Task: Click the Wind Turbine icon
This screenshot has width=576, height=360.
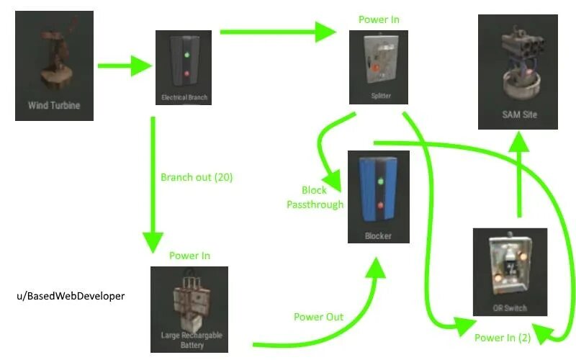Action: [54, 65]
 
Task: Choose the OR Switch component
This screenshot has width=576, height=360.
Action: [510, 272]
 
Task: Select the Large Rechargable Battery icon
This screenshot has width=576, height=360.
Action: [189, 310]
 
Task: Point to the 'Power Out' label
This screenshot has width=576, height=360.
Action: [319, 317]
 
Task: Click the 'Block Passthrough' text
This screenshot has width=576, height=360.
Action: [314, 197]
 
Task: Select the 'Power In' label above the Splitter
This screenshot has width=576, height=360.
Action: [379, 19]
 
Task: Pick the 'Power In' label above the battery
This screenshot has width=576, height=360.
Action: [189, 256]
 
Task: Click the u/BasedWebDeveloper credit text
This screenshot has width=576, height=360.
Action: [69, 296]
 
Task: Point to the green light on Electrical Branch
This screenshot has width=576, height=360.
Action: [186, 55]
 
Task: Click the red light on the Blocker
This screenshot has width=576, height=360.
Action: [379, 206]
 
